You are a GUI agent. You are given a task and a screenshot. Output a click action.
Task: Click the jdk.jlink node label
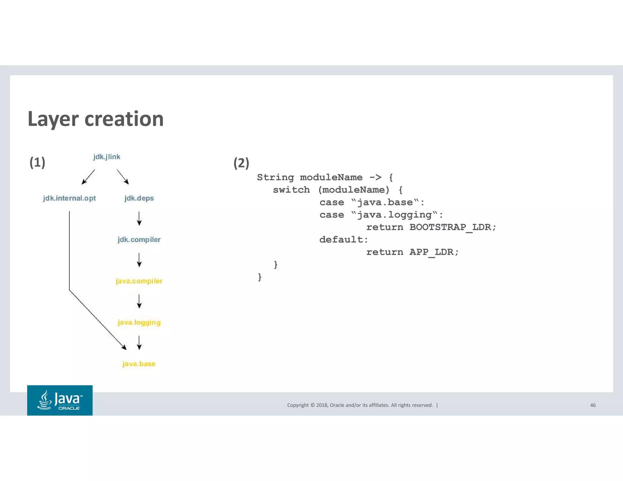point(106,157)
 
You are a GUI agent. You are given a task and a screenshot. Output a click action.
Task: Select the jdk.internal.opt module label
point(69,198)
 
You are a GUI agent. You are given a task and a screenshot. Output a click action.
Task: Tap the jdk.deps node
point(139,198)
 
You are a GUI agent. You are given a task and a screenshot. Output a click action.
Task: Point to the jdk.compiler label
point(139,240)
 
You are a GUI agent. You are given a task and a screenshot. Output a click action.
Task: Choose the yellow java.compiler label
point(139,281)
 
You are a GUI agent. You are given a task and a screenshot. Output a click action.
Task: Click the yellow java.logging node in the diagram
point(139,322)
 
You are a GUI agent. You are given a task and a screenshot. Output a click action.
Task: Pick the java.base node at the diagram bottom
point(139,364)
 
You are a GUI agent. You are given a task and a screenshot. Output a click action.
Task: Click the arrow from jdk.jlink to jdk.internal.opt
point(88,177)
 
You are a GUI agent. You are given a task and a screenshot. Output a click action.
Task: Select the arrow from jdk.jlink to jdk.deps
point(123,177)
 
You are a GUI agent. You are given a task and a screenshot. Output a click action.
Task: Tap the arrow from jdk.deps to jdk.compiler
point(139,219)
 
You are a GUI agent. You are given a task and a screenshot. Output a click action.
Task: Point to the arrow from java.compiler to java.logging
point(139,301)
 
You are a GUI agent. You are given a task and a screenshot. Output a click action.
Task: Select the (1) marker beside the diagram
point(37,162)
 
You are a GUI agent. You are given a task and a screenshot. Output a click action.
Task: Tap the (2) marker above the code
point(241,163)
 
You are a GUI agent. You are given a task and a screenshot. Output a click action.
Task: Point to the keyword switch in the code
point(291,190)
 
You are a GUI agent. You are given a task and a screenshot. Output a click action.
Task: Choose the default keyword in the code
point(343,240)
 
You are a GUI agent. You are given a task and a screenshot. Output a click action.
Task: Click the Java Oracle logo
point(60,400)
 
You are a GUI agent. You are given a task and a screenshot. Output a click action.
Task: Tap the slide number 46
point(593,405)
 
